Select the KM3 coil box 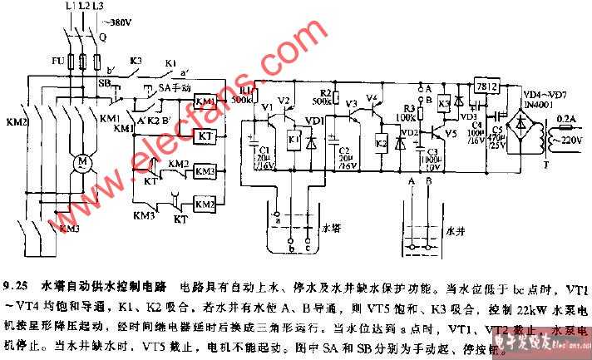coord(204,171)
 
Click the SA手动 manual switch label coord(175,86)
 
